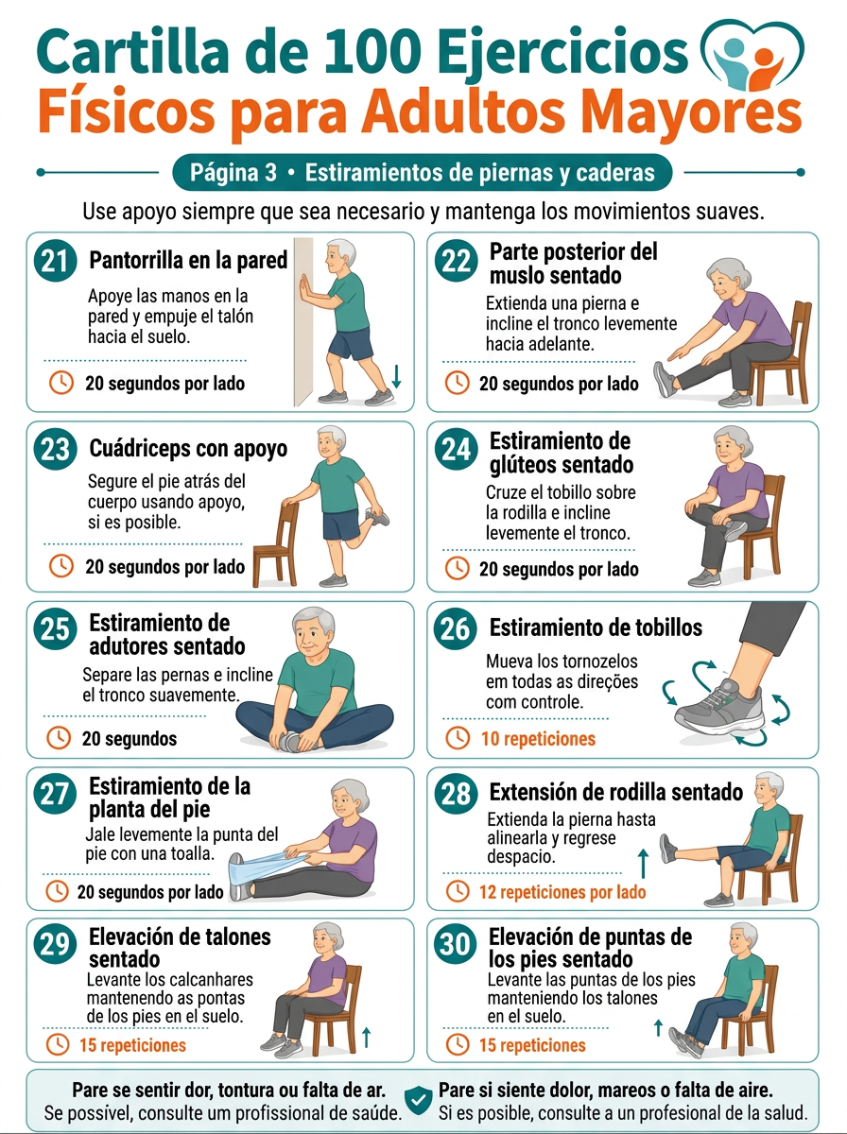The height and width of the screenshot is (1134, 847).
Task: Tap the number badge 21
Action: (x=55, y=261)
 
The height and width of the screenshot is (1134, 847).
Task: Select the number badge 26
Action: (x=456, y=628)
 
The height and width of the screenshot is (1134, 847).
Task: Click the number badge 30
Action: (x=456, y=944)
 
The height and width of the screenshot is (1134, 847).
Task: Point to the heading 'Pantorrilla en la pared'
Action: (x=188, y=260)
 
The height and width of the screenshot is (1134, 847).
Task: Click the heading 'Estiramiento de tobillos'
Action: (x=596, y=627)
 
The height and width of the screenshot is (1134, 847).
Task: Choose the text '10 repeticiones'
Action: (x=539, y=739)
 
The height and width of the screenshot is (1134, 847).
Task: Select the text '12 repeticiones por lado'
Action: (x=562, y=892)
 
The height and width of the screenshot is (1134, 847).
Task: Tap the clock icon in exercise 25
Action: (x=59, y=738)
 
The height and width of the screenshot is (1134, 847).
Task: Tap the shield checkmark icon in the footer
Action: (x=418, y=1100)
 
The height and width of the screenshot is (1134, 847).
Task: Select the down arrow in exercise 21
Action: (x=396, y=376)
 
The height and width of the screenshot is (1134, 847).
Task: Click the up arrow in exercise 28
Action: (x=643, y=864)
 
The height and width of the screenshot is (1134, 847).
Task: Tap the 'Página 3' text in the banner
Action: (x=233, y=173)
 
